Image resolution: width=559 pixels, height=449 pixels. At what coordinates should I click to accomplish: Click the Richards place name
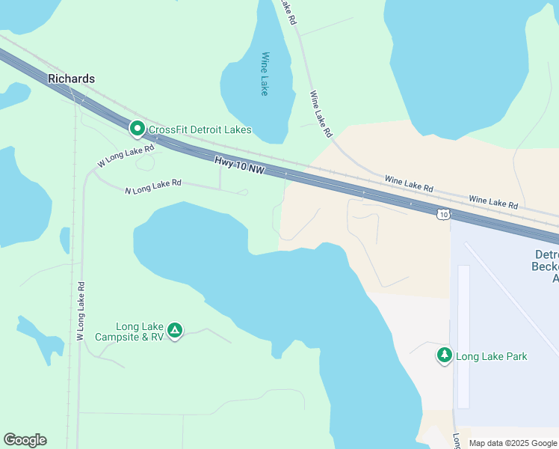pos(72,79)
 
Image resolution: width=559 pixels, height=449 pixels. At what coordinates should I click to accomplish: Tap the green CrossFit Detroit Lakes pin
pos(138,129)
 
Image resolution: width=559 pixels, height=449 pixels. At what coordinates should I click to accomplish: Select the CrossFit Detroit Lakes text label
pos(200,129)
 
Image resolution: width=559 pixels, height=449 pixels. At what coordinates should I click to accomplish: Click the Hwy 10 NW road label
pos(239,165)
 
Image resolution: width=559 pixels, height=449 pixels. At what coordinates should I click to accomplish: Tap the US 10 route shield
pos(443,214)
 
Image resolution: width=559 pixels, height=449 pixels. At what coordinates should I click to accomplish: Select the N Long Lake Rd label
pos(153,187)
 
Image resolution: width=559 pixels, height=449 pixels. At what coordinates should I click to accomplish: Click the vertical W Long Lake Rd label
pos(81,311)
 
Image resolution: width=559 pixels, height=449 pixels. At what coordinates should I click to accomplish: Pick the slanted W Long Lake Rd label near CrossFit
pos(125,156)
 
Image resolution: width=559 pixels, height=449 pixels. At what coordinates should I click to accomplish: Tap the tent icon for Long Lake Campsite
pos(175,330)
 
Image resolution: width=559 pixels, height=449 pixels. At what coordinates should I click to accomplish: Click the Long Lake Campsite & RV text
pos(129,332)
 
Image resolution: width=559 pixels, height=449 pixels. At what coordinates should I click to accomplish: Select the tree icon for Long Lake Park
pos(445,355)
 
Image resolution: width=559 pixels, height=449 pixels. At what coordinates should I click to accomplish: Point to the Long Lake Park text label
pos(491,356)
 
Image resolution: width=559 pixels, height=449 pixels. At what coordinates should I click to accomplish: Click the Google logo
pos(25,440)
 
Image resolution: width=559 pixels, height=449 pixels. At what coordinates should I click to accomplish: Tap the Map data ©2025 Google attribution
pos(512,443)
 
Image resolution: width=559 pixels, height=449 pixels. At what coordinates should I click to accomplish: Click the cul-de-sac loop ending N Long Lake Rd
pos(242,192)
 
